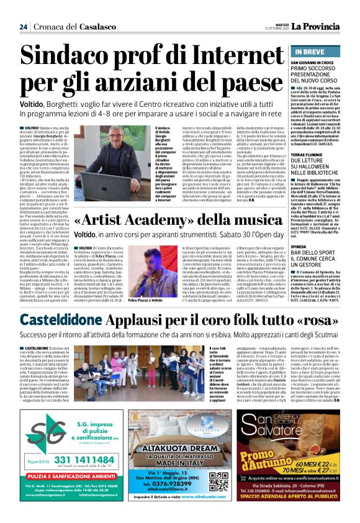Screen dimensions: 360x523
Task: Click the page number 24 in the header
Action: click(23, 9)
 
